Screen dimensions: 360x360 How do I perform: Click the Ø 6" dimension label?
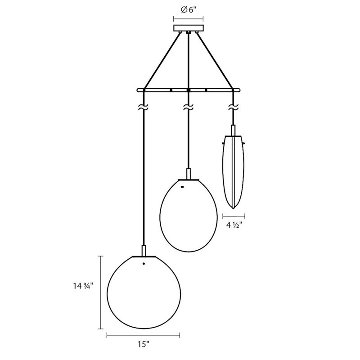coord(188,11)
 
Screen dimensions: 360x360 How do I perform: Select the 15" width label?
coord(144,345)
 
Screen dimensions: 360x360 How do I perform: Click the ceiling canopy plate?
coord(188,28)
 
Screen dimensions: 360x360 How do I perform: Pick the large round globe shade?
coord(144,292)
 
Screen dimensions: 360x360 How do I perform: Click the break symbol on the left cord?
coord(143,108)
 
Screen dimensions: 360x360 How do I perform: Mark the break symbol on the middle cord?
coord(188,108)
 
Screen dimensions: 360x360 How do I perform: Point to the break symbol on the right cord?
coord(233,108)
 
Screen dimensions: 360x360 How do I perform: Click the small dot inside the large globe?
coord(144,264)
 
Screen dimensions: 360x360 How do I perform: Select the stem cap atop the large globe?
coord(144,251)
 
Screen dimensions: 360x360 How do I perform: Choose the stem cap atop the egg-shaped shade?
coord(188,174)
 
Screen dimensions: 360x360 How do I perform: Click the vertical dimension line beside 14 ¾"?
coord(100,292)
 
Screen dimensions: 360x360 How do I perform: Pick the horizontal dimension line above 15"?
coord(144,334)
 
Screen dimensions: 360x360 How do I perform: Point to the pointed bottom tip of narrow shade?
coord(233,208)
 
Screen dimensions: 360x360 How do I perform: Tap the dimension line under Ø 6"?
coord(188,19)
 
